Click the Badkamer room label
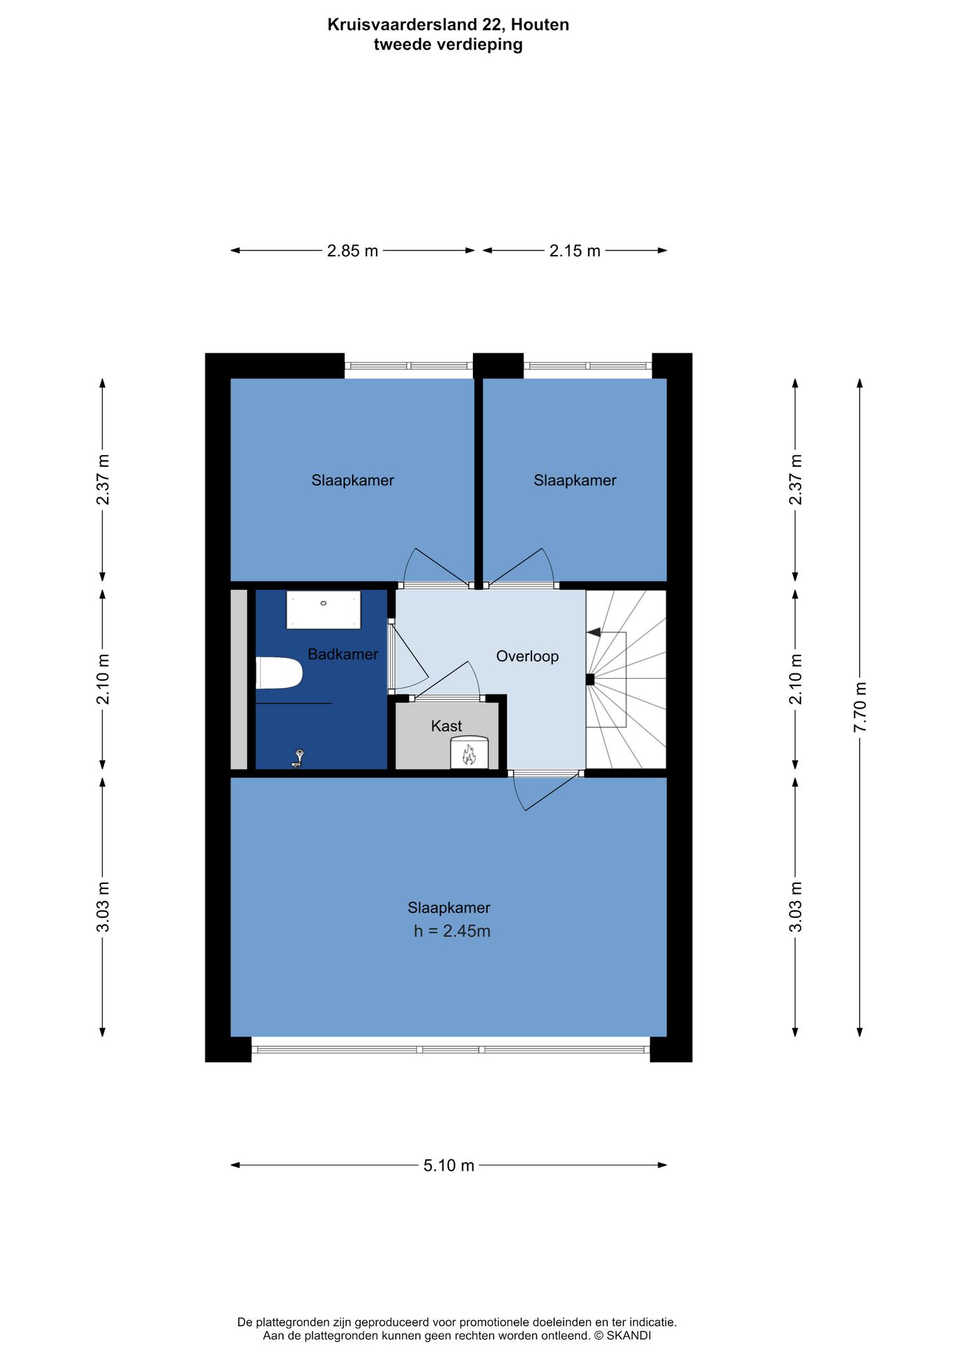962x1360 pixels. point(343,654)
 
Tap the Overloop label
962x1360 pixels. point(528,657)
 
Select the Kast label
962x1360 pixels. point(446,726)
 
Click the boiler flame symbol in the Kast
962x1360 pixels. point(469,754)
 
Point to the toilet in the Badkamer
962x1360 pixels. point(279,673)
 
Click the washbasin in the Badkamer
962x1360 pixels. point(324,610)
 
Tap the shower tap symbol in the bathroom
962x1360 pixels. point(299,758)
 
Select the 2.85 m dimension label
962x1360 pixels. point(352,251)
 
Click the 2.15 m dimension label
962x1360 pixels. point(575,251)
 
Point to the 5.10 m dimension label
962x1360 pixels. point(449,1165)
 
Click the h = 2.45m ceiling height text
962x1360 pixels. point(452,931)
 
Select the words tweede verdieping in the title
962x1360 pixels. point(448,44)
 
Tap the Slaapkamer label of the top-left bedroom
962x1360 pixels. point(353,480)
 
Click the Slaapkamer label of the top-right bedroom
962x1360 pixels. point(575,480)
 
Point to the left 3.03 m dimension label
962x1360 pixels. point(102,906)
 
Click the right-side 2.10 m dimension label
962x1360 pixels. point(795,679)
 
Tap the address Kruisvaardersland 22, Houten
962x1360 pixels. point(448,25)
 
